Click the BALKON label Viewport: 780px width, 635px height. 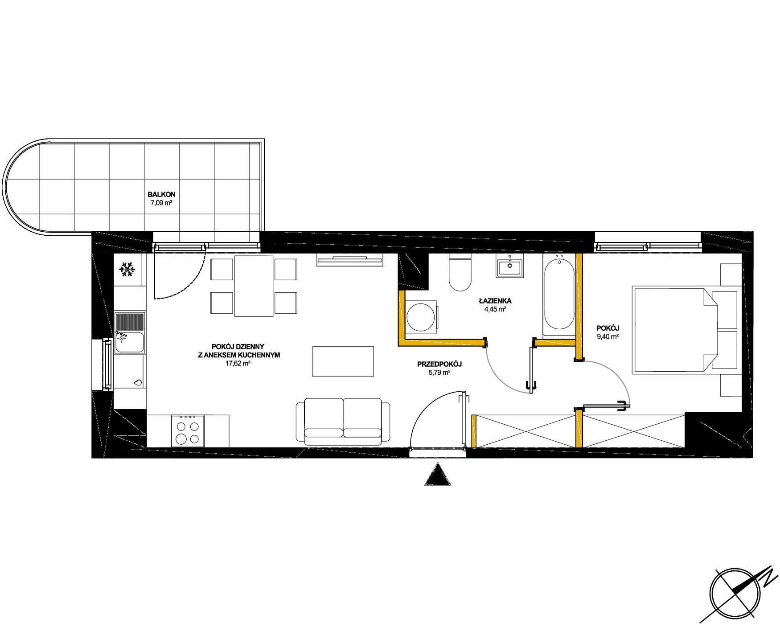(161, 194)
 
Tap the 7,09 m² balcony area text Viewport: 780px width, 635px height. (161, 203)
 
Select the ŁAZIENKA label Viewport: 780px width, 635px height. (495, 301)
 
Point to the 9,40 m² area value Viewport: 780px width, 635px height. (608, 337)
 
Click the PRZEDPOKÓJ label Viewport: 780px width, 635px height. (439, 364)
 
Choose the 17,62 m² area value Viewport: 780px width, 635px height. (238, 364)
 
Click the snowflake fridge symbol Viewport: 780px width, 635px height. (127, 270)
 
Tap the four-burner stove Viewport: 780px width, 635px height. (188, 431)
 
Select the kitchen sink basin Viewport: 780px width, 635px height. (130, 342)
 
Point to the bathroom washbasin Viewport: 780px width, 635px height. (510, 267)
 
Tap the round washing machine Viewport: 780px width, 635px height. (420, 317)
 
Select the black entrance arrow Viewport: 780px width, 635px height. (438, 474)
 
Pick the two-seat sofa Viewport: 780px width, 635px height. (343, 422)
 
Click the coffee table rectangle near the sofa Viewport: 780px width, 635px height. (343, 361)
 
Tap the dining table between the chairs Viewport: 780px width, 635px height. (254, 286)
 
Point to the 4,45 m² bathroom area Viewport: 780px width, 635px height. (495, 309)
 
